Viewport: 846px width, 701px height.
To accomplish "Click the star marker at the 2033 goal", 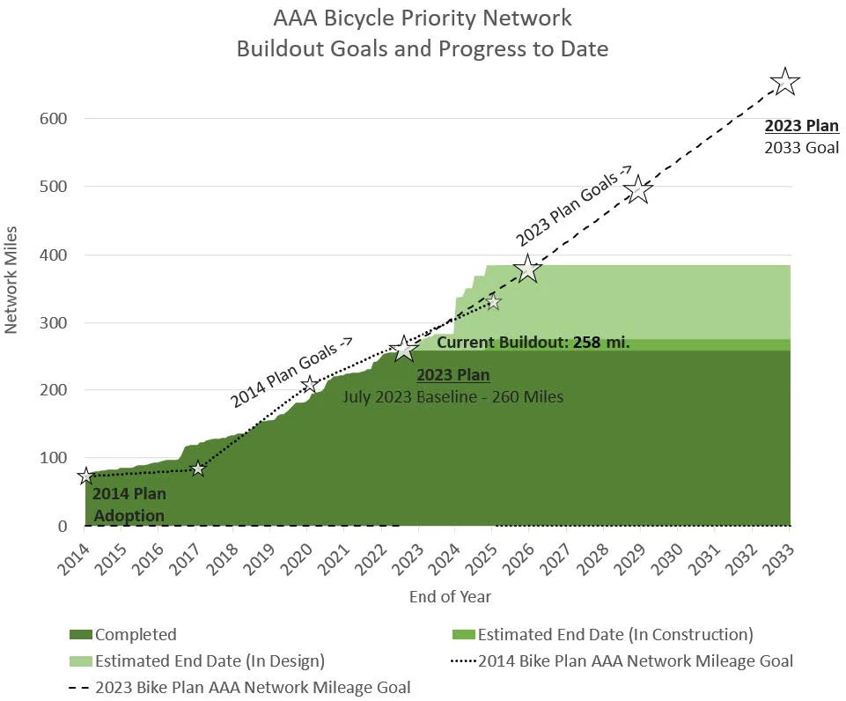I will point(784,83).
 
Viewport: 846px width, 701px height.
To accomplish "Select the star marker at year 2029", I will point(639,190).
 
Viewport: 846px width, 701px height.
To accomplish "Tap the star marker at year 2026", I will point(527,269).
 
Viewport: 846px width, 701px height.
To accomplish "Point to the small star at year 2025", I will point(492,302).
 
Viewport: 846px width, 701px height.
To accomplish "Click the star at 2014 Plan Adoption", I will point(85,476).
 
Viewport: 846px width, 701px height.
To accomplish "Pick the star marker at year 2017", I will point(197,469).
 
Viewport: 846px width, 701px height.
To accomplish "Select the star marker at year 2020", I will point(309,384).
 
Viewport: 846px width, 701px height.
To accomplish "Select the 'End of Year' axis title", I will point(450,597).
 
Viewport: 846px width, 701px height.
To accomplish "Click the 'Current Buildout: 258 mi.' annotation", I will point(533,343).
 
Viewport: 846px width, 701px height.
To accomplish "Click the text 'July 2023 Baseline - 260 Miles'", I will point(452,397).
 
